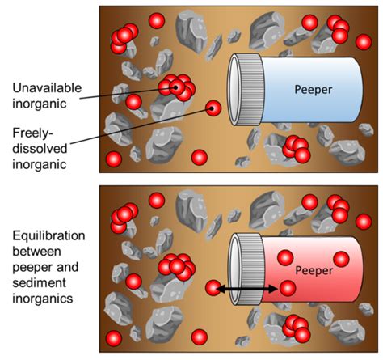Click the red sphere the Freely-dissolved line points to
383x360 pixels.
[213, 107]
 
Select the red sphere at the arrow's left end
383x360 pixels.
[214, 288]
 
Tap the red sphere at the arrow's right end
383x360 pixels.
[288, 288]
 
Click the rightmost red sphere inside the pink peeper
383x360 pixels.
[341, 260]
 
